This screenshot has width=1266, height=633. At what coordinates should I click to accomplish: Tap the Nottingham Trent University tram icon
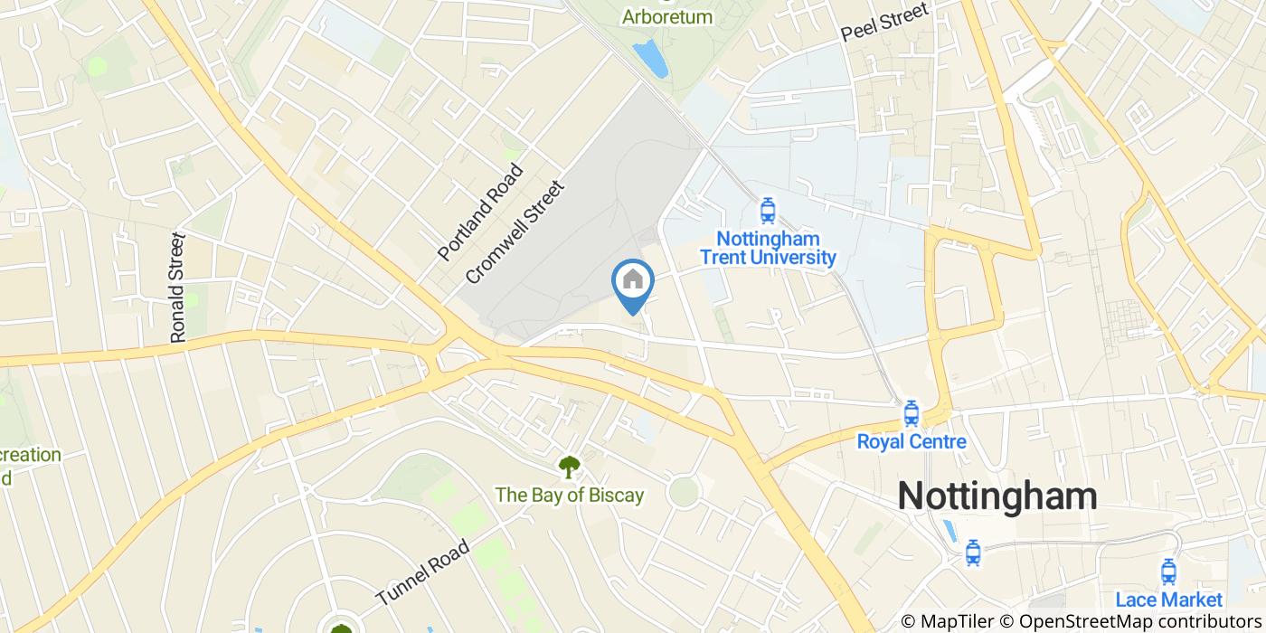[x=768, y=211]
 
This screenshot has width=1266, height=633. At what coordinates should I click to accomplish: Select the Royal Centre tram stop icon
[x=911, y=413]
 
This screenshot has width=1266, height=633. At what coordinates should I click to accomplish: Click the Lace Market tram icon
[x=1168, y=572]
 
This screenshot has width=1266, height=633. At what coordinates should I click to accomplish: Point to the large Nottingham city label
[x=997, y=496]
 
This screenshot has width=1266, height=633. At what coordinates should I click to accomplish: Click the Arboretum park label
[x=667, y=16]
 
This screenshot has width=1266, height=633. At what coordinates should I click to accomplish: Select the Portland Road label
[x=481, y=212]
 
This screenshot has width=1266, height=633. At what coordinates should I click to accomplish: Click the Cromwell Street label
[x=514, y=231]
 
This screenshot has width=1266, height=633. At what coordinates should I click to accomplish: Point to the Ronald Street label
[x=178, y=287]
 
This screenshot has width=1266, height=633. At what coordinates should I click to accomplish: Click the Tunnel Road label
[x=422, y=572]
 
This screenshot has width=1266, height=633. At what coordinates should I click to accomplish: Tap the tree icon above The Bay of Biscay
[x=569, y=467]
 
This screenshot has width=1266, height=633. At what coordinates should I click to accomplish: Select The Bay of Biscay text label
[x=569, y=495]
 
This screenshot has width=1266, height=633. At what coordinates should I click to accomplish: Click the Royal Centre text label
[x=911, y=441]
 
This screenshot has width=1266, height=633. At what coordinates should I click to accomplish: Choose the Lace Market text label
[x=1168, y=599]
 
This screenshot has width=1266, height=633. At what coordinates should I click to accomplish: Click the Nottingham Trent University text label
[x=768, y=249]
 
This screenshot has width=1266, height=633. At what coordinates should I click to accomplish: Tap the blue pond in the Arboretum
[x=650, y=58]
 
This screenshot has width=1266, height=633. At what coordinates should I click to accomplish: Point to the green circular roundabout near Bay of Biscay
[x=684, y=492]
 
